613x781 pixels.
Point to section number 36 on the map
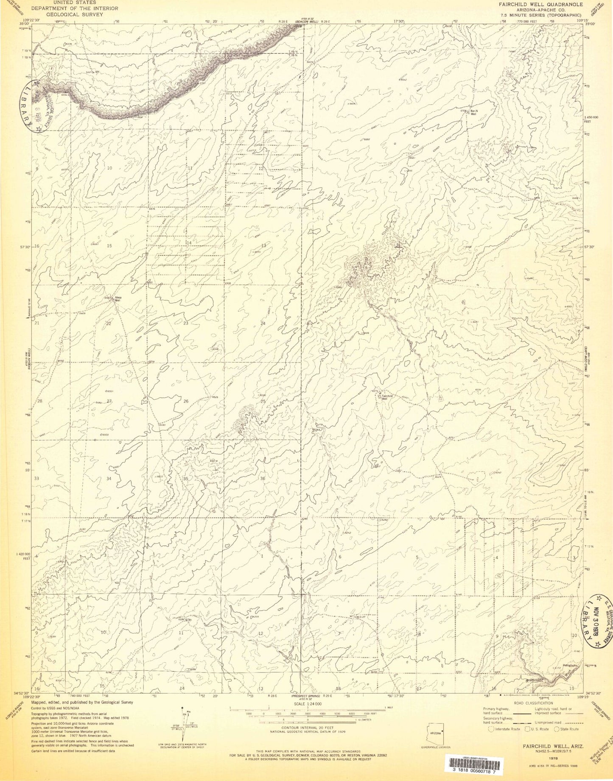263,479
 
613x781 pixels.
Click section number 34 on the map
109,479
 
